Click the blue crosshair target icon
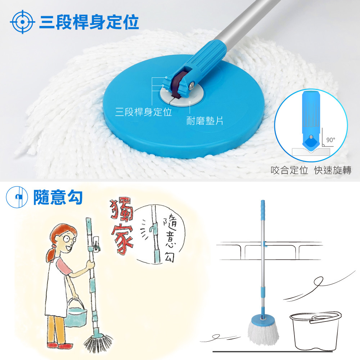[x=22, y=22]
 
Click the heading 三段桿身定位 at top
[x=89, y=22]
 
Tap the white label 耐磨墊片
[x=204, y=121]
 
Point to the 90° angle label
[x=330, y=140]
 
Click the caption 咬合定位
[x=289, y=170]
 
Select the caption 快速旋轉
[x=333, y=170]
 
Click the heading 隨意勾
[x=58, y=197]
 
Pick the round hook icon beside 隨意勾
[x=17, y=197]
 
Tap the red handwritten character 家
[x=122, y=240]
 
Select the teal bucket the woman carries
[x=76, y=314]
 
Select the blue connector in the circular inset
[x=311, y=120]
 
